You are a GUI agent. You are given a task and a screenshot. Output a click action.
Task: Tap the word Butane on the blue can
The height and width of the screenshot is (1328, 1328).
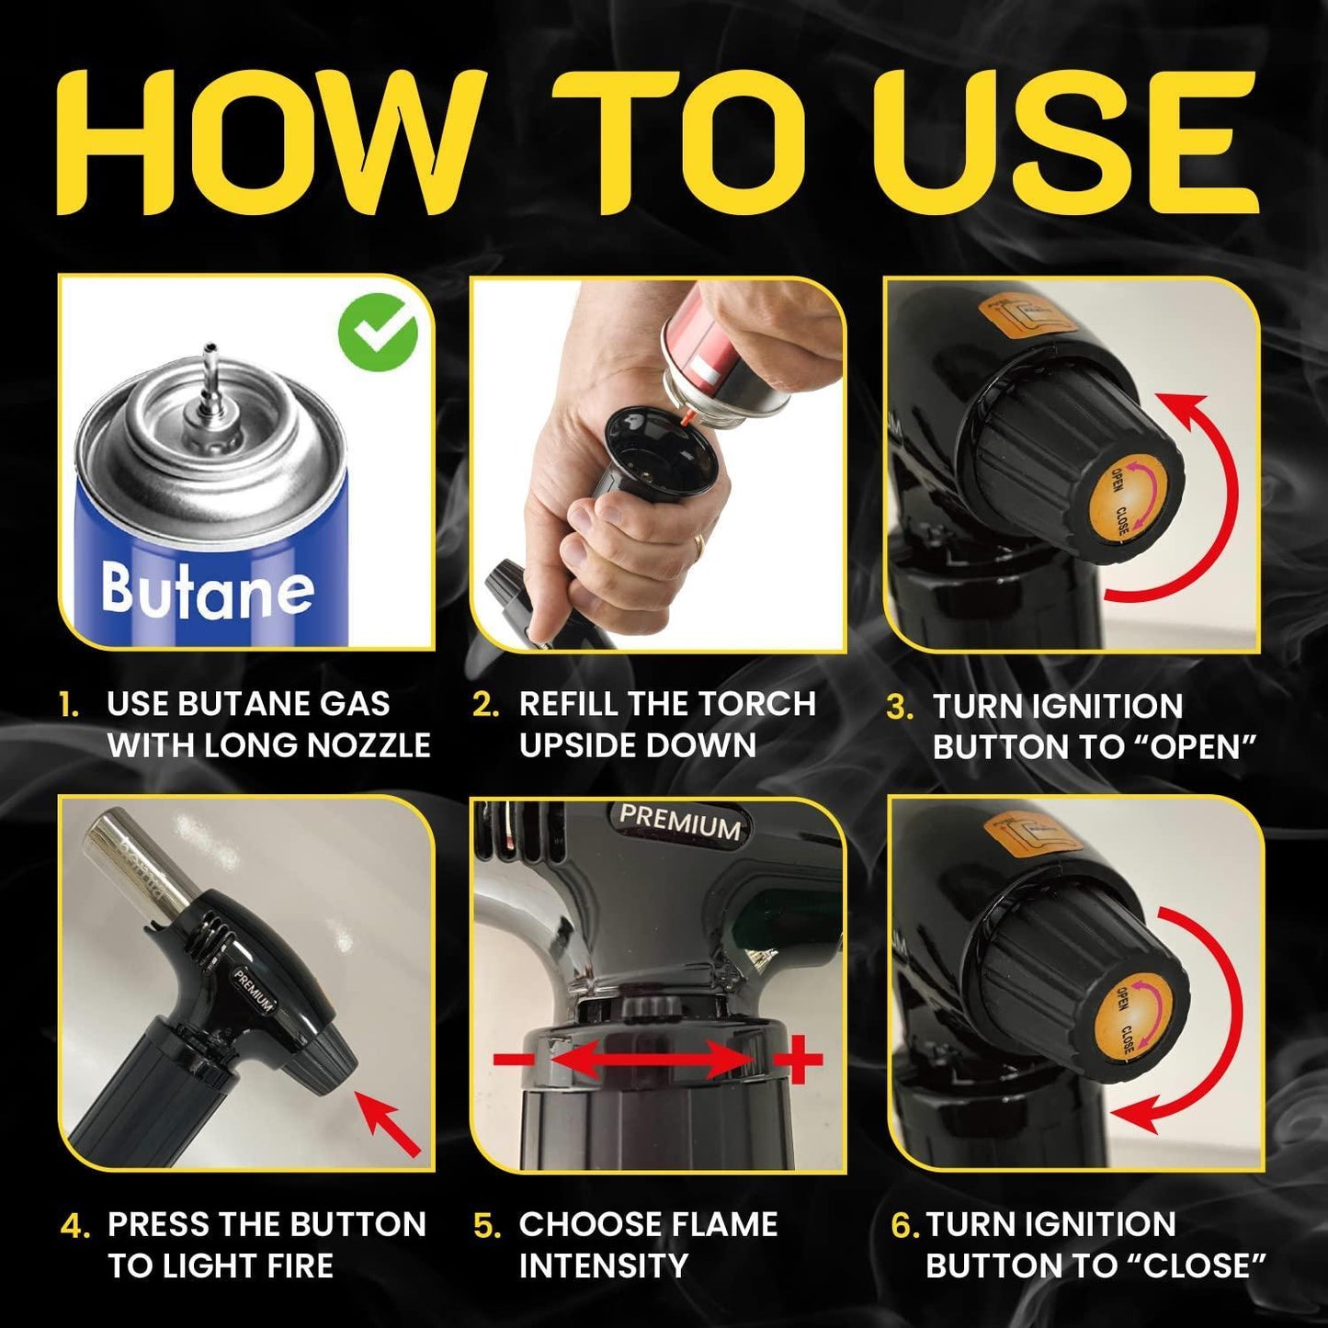pyautogui.click(x=208, y=590)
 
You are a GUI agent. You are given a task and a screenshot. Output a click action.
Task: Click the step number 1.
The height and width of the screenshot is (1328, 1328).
pyautogui.click(x=68, y=706)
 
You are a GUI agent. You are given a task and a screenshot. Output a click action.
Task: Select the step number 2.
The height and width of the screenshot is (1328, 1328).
pyautogui.click(x=485, y=705)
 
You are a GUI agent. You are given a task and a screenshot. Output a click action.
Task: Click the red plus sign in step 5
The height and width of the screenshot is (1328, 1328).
pyautogui.click(x=797, y=1060)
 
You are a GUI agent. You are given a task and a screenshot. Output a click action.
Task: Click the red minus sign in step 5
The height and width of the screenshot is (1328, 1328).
pyautogui.click(x=513, y=1060)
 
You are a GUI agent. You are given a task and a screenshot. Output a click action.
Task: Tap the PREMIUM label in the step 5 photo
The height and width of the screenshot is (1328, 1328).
pyautogui.click(x=679, y=821)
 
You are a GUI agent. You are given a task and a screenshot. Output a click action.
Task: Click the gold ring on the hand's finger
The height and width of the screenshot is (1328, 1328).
pyautogui.click(x=699, y=546)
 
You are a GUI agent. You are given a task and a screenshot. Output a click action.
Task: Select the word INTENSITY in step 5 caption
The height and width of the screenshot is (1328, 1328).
pyautogui.click(x=603, y=1266)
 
